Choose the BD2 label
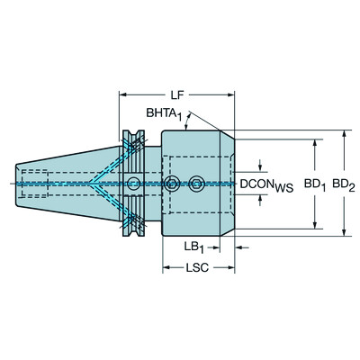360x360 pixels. click(343, 183)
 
